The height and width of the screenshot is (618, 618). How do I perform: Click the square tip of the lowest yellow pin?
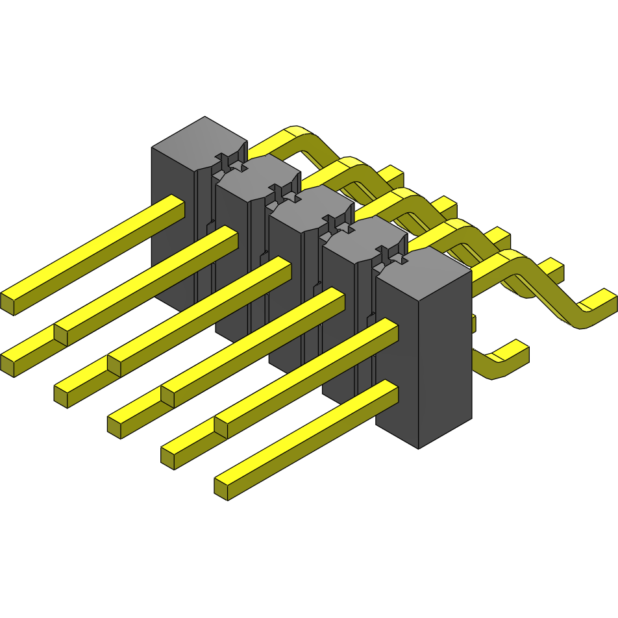[221, 489]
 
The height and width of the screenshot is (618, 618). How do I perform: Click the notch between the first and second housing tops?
[231, 161]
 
